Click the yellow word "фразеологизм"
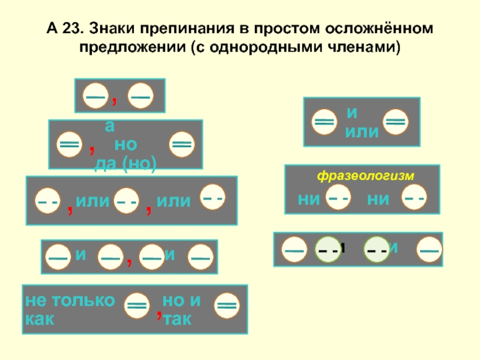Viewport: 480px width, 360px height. point(366,176)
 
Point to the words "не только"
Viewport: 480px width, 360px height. point(69,301)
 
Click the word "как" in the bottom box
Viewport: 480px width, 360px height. point(39,319)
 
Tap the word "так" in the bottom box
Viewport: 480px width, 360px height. point(178,319)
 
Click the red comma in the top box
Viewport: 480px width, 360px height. point(115,97)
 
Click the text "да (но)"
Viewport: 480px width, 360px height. point(125,165)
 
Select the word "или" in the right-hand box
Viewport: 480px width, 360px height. point(362,131)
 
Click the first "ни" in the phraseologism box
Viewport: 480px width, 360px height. point(308,199)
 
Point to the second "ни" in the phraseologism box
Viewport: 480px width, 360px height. point(377,199)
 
